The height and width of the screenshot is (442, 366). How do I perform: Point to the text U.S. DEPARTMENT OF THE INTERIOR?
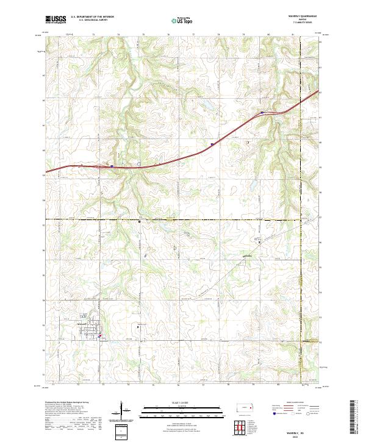[x=92, y=17]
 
